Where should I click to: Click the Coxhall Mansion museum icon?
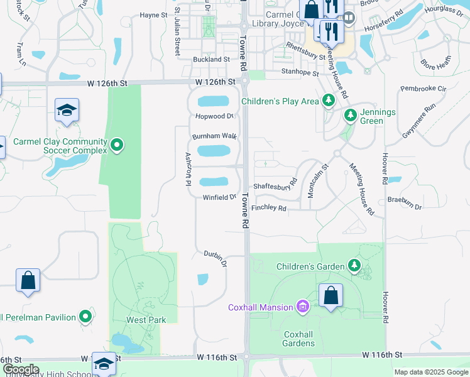pos(303,307)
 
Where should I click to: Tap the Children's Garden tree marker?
pos(355,266)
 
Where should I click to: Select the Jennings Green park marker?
pos(351,115)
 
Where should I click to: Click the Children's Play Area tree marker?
pos(327,101)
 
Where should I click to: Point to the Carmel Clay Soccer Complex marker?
pos(116,146)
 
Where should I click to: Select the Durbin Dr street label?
pos(215,258)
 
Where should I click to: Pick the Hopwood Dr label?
pos(214,116)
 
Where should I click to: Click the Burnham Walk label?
pos(214,136)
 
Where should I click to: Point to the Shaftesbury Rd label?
pos(275,187)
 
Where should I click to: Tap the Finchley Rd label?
pos(268,208)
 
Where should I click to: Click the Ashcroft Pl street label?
pos(187,169)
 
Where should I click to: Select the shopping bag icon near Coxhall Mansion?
pos(331,295)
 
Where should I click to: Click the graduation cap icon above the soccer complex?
pos(66,111)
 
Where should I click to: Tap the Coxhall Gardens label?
pos(298,339)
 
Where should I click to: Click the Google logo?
pos(21,369)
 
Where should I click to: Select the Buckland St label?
pos(212,59)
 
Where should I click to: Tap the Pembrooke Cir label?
pos(422,89)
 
